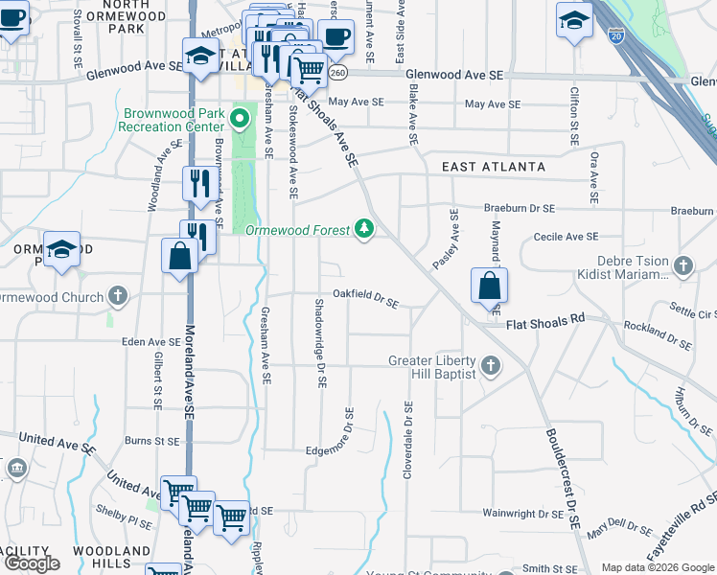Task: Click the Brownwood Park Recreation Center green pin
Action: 241,120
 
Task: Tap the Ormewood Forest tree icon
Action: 363,228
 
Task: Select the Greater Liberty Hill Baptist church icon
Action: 491,364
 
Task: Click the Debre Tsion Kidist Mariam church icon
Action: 682,264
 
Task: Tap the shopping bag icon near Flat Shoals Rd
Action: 489,286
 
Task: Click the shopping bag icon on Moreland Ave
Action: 179,257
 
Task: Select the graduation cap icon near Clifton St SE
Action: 574,21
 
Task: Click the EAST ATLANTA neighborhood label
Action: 494,167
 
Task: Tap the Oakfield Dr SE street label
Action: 365,298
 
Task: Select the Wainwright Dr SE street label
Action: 521,514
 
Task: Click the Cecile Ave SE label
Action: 566,236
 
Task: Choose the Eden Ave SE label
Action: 150,341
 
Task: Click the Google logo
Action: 32,563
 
